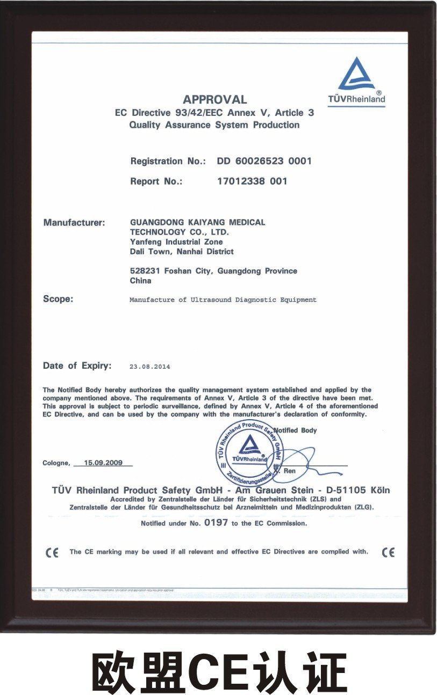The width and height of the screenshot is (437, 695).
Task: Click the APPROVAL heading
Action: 214,99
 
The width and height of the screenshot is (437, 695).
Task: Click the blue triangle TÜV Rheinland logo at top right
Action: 356,75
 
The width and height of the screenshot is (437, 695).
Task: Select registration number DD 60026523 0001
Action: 264,161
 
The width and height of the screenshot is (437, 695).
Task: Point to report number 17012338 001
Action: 252,181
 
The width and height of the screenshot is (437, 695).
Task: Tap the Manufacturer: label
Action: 74,222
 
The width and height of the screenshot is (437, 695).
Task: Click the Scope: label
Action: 58,299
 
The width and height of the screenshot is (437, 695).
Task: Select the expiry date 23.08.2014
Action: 149,367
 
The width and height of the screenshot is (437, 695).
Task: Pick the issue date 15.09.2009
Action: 103,462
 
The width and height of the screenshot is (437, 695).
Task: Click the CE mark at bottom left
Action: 52,553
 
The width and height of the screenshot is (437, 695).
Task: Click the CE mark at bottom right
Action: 388,552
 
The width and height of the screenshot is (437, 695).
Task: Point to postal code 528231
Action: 144,271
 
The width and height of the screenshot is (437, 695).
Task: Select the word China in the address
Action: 140,281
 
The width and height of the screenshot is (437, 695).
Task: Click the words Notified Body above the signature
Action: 295,430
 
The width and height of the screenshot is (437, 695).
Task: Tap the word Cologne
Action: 55,463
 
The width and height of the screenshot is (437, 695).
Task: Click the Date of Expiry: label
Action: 77,366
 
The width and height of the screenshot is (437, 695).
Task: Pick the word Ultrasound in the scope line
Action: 211,299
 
